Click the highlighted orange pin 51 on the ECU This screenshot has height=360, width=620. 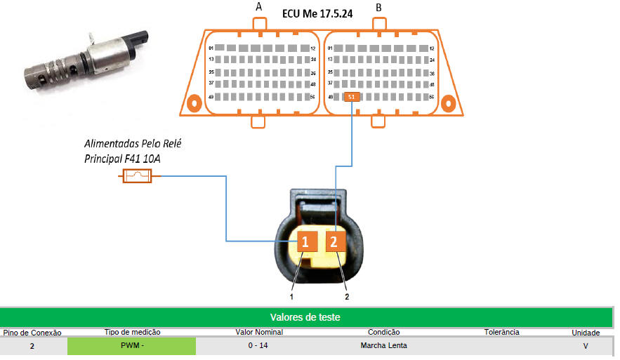click(x=352, y=97)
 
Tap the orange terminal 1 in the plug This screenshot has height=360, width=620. click(x=305, y=242)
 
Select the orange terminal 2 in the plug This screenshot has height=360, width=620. click(x=334, y=242)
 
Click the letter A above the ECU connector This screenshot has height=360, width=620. click(x=259, y=7)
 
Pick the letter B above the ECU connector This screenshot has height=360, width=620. click(x=379, y=8)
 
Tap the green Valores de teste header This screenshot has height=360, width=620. click(x=305, y=317)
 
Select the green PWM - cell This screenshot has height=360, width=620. click(x=131, y=346)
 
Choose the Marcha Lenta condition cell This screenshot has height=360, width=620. click(x=383, y=346)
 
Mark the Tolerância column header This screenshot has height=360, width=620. click(x=501, y=332)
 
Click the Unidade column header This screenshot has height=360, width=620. click(x=586, y=333)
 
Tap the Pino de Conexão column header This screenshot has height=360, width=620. click(x=32, y=333)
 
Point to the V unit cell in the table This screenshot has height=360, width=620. click(x=586, y=346)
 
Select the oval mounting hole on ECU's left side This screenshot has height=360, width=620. click(x=194, y=104)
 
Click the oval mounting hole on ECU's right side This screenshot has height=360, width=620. click(x=447, y=104)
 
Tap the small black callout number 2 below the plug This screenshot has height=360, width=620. click(x=347, y=296)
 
